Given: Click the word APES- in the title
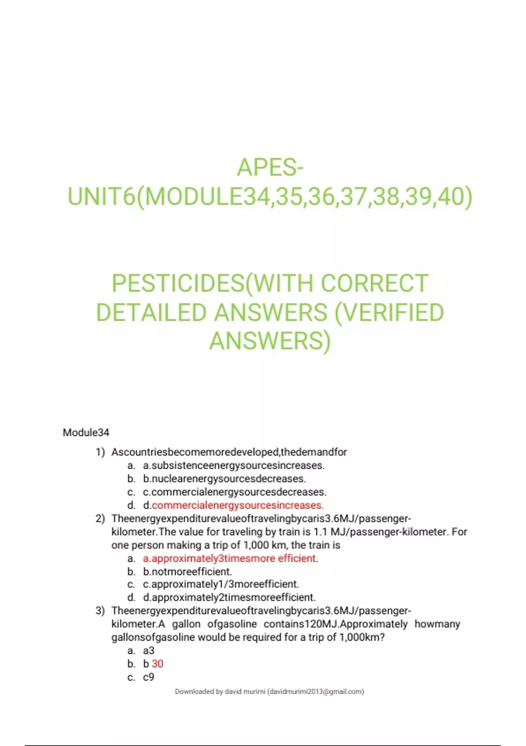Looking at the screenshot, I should [x=270, y=167].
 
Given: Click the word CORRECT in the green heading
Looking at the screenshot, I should [x=375, y=283].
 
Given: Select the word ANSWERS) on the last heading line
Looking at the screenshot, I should [x=270, y=341].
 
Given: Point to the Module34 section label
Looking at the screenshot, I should [x=86, y=433].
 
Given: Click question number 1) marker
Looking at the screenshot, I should [x=100, y=452].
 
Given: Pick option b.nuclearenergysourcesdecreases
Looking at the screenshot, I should [x=224, y=479].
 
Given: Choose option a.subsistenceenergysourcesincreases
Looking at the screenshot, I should [x=234, y=465].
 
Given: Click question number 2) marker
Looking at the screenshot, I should [x=100, y=519].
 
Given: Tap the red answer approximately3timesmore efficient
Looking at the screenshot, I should [x=229, y=558].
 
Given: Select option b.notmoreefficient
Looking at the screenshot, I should [x=187, y=572].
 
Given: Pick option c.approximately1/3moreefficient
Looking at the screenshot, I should [x=221, y=585].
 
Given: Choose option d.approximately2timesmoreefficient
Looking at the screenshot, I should [x=229, y=598].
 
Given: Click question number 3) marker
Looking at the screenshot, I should [x=100, y=611].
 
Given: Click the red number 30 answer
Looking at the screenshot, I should [x=157, y=664].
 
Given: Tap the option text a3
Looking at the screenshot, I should [x=149, y=651].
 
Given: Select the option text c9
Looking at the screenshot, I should [x=149, y=678].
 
